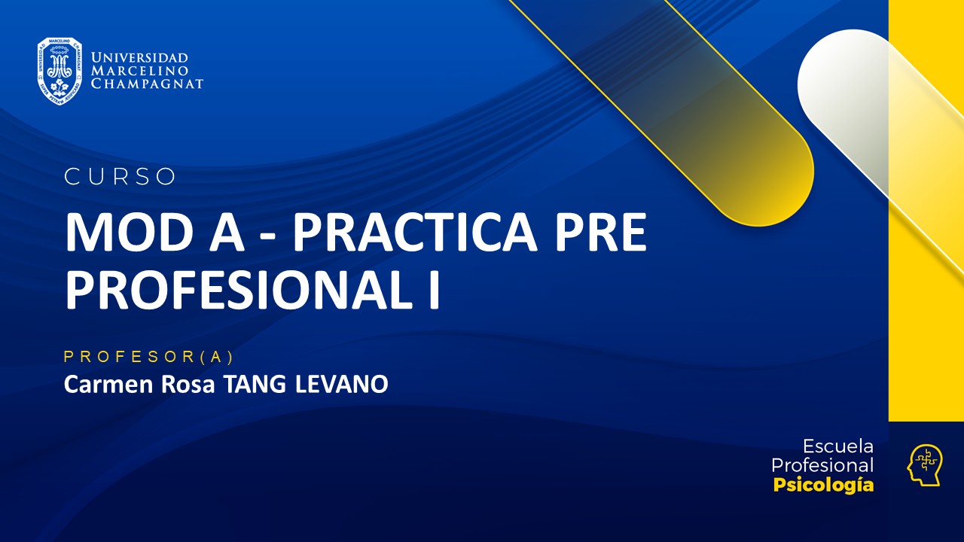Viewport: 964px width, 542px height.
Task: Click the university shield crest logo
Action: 59,71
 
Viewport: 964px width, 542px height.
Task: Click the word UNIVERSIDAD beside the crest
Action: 139,58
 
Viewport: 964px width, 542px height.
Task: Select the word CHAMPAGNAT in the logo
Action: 147,84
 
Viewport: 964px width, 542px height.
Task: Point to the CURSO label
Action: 120,177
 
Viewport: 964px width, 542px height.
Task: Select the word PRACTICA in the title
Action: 414,233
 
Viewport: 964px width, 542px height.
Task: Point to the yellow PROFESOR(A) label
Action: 149,358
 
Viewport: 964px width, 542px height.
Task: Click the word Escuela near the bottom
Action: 837,446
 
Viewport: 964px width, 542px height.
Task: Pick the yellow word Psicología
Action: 823,486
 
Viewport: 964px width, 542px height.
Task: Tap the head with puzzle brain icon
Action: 924,465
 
